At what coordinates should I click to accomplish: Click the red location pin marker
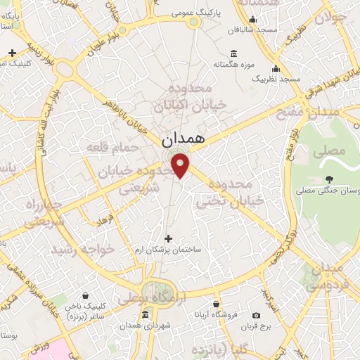pyautogui.click(x=182, y=165)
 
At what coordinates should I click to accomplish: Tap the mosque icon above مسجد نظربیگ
pyautogui.click(x=276, y=69)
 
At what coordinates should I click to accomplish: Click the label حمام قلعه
pyautogui.click(x=105, y=147)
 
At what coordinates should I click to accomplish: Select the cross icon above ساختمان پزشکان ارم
pyautogui.click(x=168, y=239)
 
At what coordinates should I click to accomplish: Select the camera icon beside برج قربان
pyautogui.click(x=256, y=315)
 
